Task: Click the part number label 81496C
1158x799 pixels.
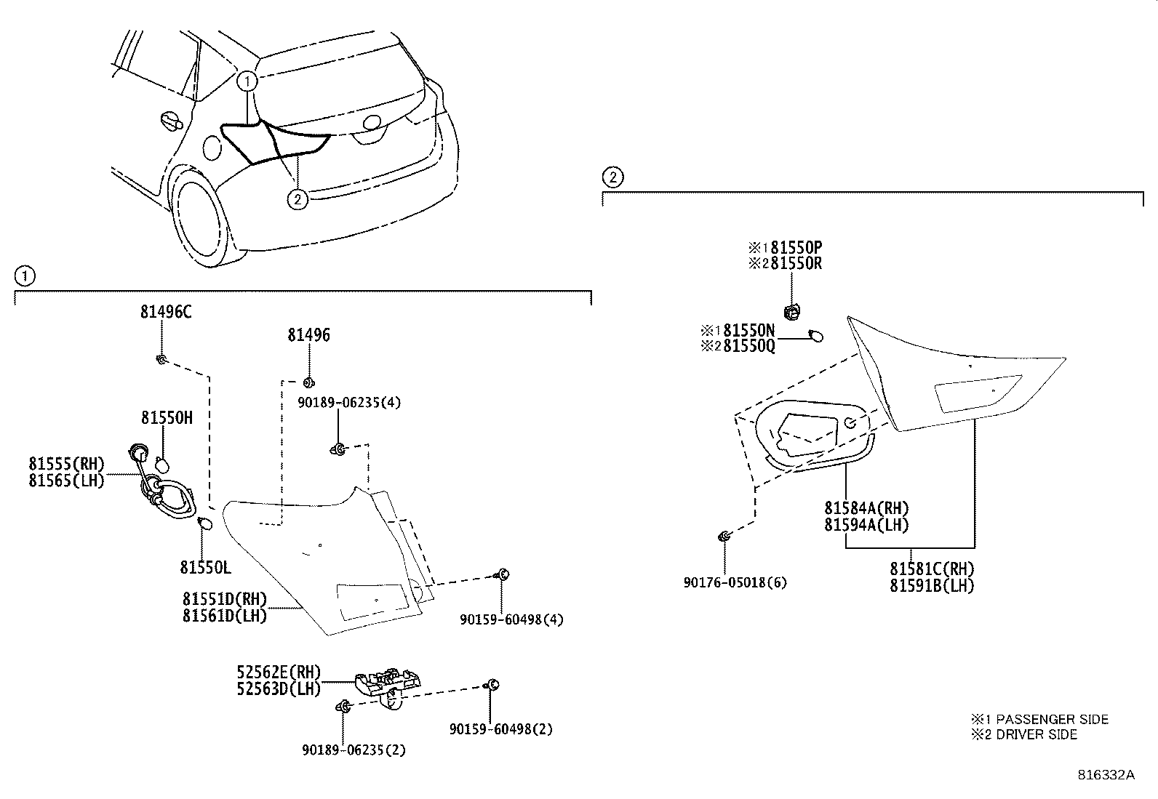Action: (167, 313)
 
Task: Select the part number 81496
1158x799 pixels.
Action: (308, 335)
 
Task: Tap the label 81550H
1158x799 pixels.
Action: (167, 418)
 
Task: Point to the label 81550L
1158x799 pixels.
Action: (206, 566)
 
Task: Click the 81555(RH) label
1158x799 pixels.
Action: (67, 464)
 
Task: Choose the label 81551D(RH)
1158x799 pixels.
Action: (225, 600)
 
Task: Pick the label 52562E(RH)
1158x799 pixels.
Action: (279, 673)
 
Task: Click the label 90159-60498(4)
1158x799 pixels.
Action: (511, 619)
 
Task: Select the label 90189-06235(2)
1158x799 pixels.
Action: (353, 750)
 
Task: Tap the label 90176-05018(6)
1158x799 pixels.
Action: (735, 582)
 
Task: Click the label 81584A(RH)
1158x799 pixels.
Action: (866, 508)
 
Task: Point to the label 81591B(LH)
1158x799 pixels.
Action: (932, 585)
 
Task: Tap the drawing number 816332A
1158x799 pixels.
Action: (1106, 775)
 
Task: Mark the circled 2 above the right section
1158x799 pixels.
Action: (612, 177)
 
